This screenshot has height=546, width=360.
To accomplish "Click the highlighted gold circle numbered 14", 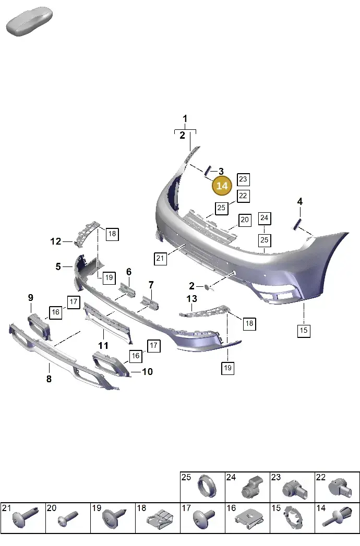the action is click(222, 186).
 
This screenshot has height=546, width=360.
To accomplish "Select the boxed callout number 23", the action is click(243, 179).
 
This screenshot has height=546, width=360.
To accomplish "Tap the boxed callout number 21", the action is click(160, 258).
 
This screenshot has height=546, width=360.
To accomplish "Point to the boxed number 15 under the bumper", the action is click(304, 331).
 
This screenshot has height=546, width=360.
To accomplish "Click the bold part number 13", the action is click(191, 299).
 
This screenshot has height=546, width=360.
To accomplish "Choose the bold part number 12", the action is click(56, 241).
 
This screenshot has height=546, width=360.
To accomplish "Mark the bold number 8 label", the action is click(49, 379).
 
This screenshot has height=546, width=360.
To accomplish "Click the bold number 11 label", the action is click(103, 345).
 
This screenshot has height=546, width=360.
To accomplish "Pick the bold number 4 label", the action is click(299, 201).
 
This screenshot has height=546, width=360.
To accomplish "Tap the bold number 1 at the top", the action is click(185, 119).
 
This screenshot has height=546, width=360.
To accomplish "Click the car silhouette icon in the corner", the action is click(29, 21).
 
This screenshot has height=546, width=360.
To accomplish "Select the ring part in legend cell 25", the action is click(207, 486).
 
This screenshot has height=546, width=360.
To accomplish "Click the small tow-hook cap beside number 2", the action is click(207, 287).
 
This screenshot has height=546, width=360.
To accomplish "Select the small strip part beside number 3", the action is click(207, 171).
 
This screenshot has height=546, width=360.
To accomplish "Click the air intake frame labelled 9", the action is click(39, 325).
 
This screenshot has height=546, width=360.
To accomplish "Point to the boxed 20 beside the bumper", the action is click(245, 220).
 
